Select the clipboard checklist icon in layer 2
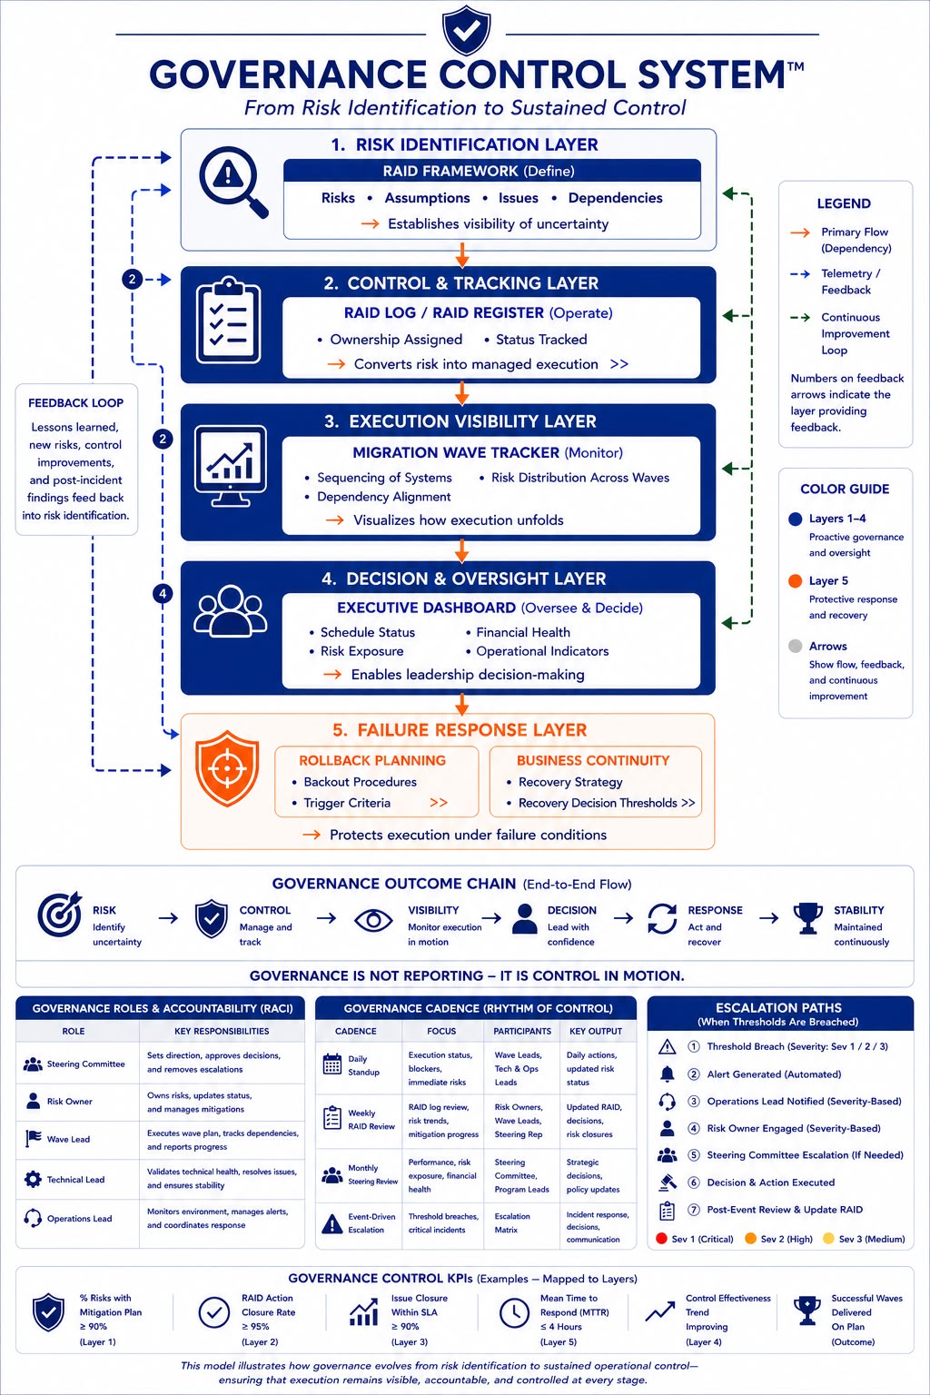tap(229, 320)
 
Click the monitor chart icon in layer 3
tap(231, 467)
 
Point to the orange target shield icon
tap(227, 768)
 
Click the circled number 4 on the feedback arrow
tap(163, 593)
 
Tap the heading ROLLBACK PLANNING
tap(372, 760)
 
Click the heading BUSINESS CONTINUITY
tap(593, 760)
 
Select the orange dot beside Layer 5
tap(795, 581)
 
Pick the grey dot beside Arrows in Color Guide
tap(795, 646)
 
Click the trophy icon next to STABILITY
tap(808, 918)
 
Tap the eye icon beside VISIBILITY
tap(373, 920)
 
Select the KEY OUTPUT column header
tap(596, 1032)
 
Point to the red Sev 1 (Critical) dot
tap(661, 1238)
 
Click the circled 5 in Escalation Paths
tap(693, 1155)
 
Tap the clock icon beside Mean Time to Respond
tap(515, 1312)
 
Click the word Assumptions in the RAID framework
tap(428, 198)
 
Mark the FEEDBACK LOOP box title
tap(76, 403)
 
